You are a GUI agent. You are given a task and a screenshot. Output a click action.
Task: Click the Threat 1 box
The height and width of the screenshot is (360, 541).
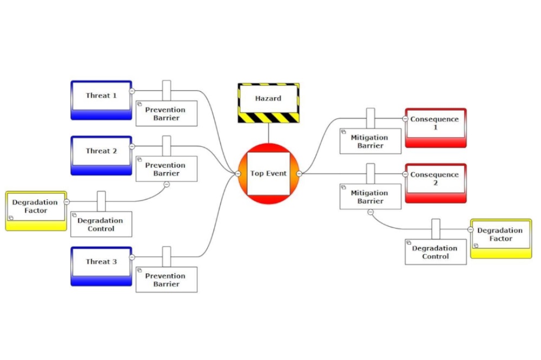[x=101, y=99]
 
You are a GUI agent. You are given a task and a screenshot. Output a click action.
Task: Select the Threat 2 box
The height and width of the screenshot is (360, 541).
[x=101, y=155]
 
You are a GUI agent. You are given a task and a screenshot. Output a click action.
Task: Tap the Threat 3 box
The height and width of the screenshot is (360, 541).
[x=101, y=265]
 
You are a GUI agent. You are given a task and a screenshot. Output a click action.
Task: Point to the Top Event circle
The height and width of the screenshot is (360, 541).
[x=268, y=174]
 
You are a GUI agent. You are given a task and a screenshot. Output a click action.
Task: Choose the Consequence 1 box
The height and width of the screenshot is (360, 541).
[x=435, y=128]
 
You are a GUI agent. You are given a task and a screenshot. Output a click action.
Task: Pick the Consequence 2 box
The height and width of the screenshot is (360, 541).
[x=435, y=183]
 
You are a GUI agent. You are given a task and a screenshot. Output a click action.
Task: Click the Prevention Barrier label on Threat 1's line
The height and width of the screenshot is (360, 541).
[x=166, y=114]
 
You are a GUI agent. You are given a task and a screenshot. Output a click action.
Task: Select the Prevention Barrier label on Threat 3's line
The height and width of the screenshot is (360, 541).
[x=166, y=279]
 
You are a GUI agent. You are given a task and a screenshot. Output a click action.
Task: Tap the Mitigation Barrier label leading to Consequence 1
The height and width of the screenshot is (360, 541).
[x=370, y=141]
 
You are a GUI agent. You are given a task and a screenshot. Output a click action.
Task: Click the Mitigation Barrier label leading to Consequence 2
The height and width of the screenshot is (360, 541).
[x=370, y=197]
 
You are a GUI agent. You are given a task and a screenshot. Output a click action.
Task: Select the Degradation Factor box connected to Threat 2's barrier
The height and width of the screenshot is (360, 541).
[x=36, y=210]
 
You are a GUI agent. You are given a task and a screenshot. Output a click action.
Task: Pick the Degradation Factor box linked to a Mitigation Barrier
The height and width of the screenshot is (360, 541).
[x=501, y=238]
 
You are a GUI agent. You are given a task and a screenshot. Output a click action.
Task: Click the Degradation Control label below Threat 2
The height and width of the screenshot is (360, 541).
[x=101, y=224]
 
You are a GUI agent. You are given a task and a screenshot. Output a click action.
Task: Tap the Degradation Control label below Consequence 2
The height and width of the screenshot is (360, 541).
[x=436, y=252]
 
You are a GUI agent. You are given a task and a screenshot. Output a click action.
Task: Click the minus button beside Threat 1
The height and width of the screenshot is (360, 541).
[x=132, y=91]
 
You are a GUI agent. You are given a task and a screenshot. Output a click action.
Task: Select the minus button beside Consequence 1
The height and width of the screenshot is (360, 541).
[x=405, y=118]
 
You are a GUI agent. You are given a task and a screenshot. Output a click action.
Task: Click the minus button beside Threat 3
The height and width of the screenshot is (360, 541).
[x=132, y=257]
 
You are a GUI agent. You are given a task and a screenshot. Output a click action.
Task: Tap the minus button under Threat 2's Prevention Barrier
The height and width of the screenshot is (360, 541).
[x=167, y=184]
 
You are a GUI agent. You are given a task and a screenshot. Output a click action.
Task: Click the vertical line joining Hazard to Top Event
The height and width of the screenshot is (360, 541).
[x=268, y=133]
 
